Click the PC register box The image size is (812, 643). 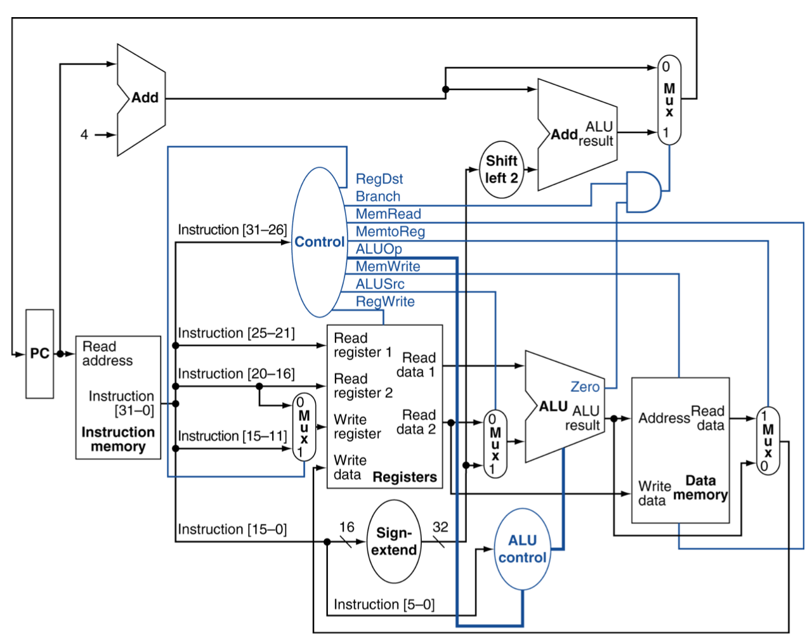39,354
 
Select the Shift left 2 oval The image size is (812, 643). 502,169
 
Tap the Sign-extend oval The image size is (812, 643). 394,542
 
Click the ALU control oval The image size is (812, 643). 522,549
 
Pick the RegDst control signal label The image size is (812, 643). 379,179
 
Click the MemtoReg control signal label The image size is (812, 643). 390,231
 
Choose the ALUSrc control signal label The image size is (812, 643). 379,284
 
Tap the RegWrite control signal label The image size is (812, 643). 385,302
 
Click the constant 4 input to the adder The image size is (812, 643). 84,134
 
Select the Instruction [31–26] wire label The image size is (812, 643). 232,230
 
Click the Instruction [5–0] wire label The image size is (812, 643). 384,604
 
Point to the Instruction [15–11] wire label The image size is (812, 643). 232,436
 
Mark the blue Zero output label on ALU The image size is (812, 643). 585,387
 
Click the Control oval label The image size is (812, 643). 319,242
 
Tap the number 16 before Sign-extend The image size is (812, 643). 346,527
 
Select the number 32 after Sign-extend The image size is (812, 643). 440,527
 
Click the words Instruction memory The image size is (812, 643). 118,439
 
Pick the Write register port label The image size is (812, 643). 357,427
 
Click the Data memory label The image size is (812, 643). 700,488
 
